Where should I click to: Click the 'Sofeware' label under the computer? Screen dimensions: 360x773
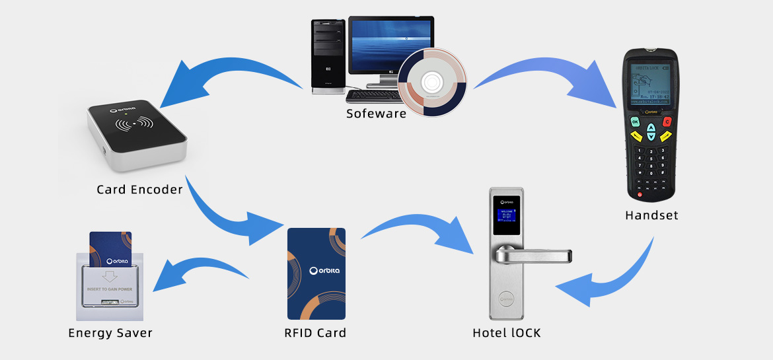point(376,114)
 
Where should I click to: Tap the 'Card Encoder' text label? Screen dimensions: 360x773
point(139,190)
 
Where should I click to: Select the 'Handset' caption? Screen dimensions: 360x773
point(651,215)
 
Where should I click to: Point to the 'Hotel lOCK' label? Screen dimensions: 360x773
point(507,333)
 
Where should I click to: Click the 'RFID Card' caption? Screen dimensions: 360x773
point(315,333)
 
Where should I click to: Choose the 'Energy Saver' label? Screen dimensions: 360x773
point(110,333)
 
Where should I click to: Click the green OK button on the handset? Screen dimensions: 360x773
point(635,122)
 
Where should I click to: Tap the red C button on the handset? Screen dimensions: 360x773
point(667,122)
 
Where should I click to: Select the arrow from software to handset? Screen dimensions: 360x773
point(548,73)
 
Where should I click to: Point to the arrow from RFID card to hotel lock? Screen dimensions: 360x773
point(416,231)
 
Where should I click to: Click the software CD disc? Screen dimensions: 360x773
point(432,83)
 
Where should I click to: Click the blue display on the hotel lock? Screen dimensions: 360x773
point(507,214)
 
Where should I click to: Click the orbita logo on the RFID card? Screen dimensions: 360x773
point(316,271)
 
